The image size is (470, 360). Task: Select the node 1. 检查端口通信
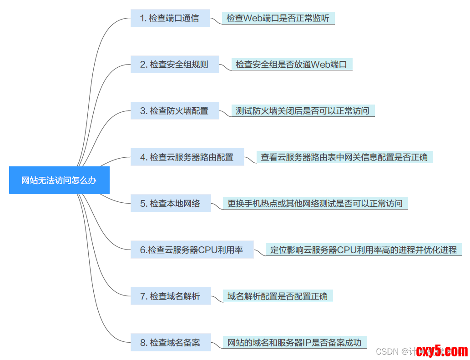pos(170,18)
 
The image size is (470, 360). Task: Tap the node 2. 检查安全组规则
pos(175,65)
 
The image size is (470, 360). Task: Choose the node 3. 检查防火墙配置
pos(175,110)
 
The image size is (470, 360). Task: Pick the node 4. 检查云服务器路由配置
pos(187,157)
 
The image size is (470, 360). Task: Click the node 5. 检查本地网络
pos(171,203)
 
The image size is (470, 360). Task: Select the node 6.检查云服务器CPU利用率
pos(192,250)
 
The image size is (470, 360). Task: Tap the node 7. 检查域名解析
pos(171,296)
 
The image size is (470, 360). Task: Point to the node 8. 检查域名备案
pos(171,342)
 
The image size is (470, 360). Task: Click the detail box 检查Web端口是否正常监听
pos(278,18)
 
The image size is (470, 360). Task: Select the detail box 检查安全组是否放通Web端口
pos(292,65)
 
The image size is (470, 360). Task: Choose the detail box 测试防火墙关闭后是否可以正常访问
pos(303,110)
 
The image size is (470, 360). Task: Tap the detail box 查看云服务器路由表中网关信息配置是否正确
pos(344,157)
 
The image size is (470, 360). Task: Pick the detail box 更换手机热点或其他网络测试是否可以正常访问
pos(315,203)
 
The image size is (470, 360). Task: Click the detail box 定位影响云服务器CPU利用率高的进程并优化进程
pos(364,250)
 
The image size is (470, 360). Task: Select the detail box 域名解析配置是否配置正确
pos(278,296)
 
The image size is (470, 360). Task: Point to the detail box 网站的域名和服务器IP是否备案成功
pos(294,342)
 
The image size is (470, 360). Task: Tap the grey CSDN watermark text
pos(388,351)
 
